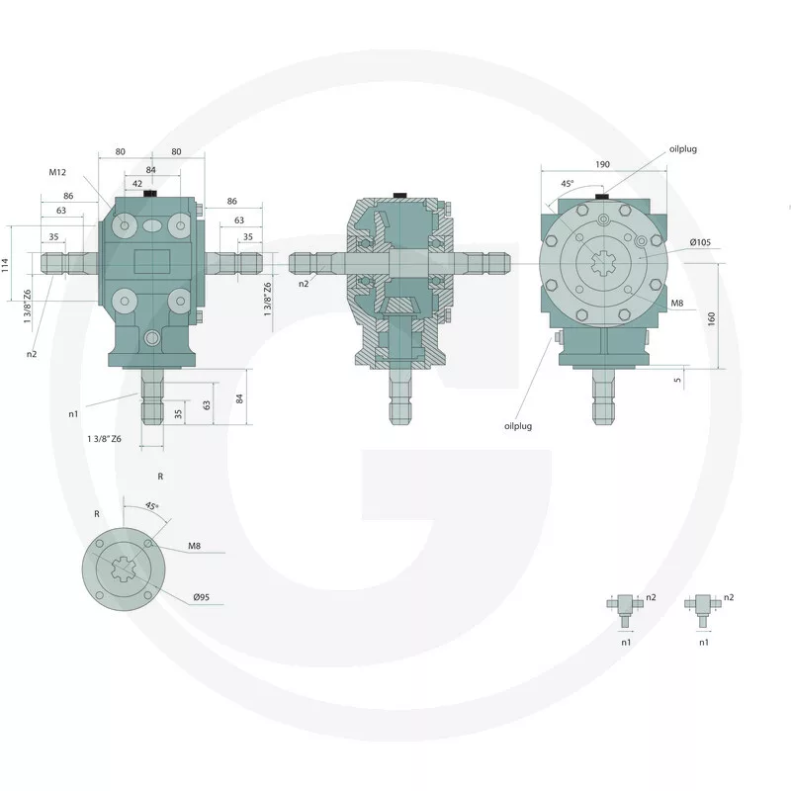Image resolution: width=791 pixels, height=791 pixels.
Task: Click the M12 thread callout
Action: coord(57,172)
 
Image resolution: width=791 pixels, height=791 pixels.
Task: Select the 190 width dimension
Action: coord(602,164)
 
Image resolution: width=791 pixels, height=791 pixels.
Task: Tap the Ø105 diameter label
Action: coord(700,242)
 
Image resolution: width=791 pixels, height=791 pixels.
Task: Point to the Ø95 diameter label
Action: coord(201,597)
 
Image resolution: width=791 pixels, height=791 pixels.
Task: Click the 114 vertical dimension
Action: coord(6,265)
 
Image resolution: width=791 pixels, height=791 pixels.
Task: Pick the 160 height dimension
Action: coord(711,318)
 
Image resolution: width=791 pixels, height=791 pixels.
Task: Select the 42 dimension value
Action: coord(137,184)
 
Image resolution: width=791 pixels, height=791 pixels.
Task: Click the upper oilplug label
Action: coord(683,149)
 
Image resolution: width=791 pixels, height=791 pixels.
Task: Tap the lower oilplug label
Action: coord(518,426)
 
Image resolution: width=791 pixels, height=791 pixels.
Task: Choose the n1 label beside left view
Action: coord(73,414)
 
